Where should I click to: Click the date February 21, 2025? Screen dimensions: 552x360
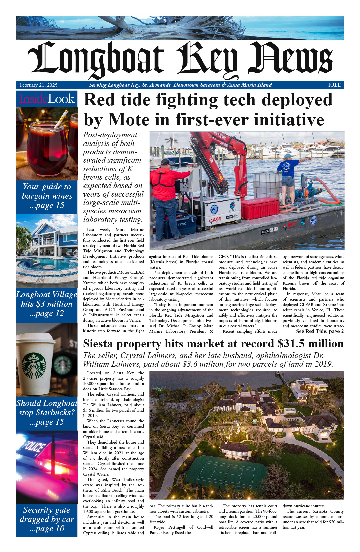tap(38, 85)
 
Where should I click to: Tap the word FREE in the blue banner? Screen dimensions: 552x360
tap(334, 85)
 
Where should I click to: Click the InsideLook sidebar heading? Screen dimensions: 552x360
tap(47, 99)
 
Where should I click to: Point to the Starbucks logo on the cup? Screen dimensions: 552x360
tap(34, 365)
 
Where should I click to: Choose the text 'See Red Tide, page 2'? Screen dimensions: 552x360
tap(320, 331)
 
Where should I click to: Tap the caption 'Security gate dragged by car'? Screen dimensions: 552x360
tap(47, 519)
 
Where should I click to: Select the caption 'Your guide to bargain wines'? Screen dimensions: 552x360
tap(47, 196)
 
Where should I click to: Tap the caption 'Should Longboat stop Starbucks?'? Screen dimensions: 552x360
tap(47, 412)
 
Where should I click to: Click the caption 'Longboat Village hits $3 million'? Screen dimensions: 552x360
tap(47, 304)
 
